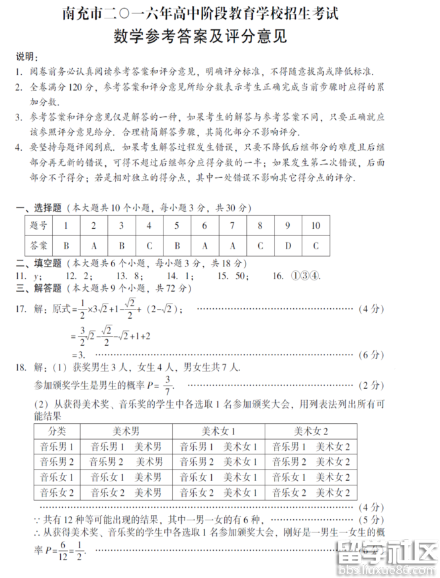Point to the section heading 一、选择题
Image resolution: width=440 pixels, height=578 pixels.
[39, 208]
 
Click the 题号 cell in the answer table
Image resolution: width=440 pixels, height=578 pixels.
[39, 226]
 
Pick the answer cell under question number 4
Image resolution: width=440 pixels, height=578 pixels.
[150, 245]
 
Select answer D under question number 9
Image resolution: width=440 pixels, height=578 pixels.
[288, 245]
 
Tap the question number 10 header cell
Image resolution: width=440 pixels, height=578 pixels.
[316, 226]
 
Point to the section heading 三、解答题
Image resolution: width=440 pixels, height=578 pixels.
[39, 288]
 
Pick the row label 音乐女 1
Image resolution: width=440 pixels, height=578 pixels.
[57, 477]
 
